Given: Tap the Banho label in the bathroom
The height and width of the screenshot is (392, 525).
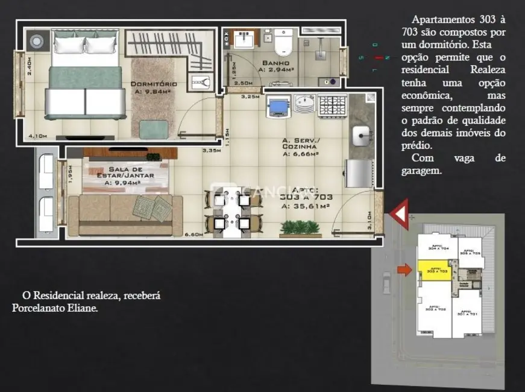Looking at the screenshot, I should click(275, 63).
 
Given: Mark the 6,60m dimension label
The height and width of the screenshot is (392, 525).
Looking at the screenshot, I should click(193, 234).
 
